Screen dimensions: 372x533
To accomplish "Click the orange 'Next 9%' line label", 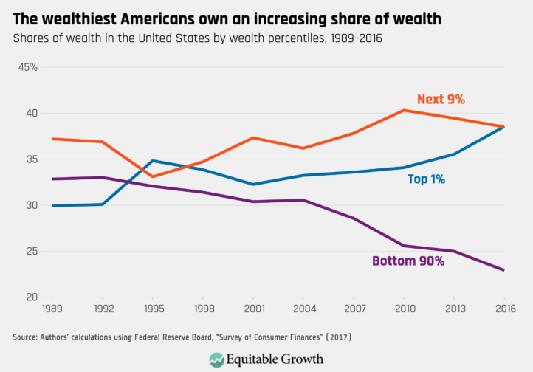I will (441, 100).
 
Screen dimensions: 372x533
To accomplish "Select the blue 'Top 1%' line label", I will (426, 179).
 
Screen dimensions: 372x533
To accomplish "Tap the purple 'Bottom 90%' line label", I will (408, 261).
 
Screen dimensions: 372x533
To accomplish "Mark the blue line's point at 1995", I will (152, 161).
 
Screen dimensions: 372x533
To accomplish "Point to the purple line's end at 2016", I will (503, 270).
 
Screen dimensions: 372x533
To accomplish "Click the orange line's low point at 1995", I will (152, 176).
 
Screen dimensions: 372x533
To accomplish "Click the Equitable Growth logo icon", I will (216, 359).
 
